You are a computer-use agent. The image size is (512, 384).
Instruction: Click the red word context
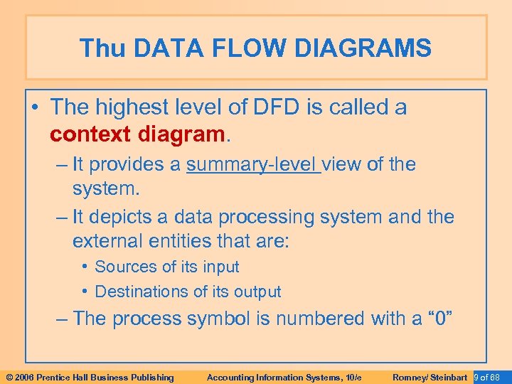[90, 134]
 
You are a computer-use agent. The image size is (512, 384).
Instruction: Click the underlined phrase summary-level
[252, 165]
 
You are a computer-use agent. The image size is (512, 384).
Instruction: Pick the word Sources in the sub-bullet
[122, 267]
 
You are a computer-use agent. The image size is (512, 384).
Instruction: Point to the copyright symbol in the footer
[9, 377]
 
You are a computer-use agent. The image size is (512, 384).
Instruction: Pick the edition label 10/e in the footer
[353, 377]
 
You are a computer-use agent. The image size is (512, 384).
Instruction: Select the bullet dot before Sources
[85, 267]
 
